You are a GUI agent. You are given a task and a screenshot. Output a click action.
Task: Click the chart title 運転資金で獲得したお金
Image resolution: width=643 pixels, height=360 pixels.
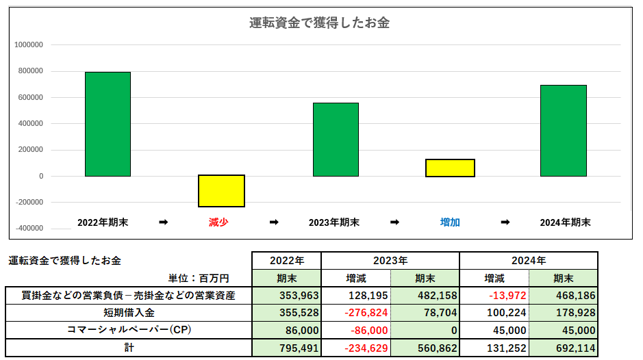point(319,23)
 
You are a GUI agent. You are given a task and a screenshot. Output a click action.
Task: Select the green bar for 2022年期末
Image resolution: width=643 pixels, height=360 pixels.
point(108,124)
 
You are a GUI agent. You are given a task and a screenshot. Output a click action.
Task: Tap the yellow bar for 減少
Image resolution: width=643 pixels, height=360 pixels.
point(221,191)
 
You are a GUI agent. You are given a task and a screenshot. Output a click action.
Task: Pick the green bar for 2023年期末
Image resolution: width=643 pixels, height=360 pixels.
point(336,140)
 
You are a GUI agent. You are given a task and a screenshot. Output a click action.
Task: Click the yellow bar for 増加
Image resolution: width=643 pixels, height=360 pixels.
point(450,168)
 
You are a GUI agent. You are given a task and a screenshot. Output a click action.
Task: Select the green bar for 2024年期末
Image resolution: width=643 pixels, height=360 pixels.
point(563,131)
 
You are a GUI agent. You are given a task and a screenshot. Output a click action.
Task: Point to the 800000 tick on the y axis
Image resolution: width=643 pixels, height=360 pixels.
point(29,71)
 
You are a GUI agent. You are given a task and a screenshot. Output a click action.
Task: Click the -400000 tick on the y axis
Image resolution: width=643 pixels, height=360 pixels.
point(27,229)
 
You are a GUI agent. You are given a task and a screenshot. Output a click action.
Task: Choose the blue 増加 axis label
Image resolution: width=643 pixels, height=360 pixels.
point(450,222)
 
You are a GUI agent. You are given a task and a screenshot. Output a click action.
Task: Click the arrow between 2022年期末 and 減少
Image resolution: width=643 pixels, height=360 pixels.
point(162,222)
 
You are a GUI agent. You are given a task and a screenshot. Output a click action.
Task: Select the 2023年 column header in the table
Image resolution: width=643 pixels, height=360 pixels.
point(390,261)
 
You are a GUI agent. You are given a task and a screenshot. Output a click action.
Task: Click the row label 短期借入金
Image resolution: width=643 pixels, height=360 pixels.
point(129,313)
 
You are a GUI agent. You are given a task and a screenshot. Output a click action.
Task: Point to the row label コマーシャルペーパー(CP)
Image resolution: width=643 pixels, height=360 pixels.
point(129,330)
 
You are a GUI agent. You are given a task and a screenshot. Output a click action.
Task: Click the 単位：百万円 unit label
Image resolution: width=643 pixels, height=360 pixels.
point(198,279)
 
